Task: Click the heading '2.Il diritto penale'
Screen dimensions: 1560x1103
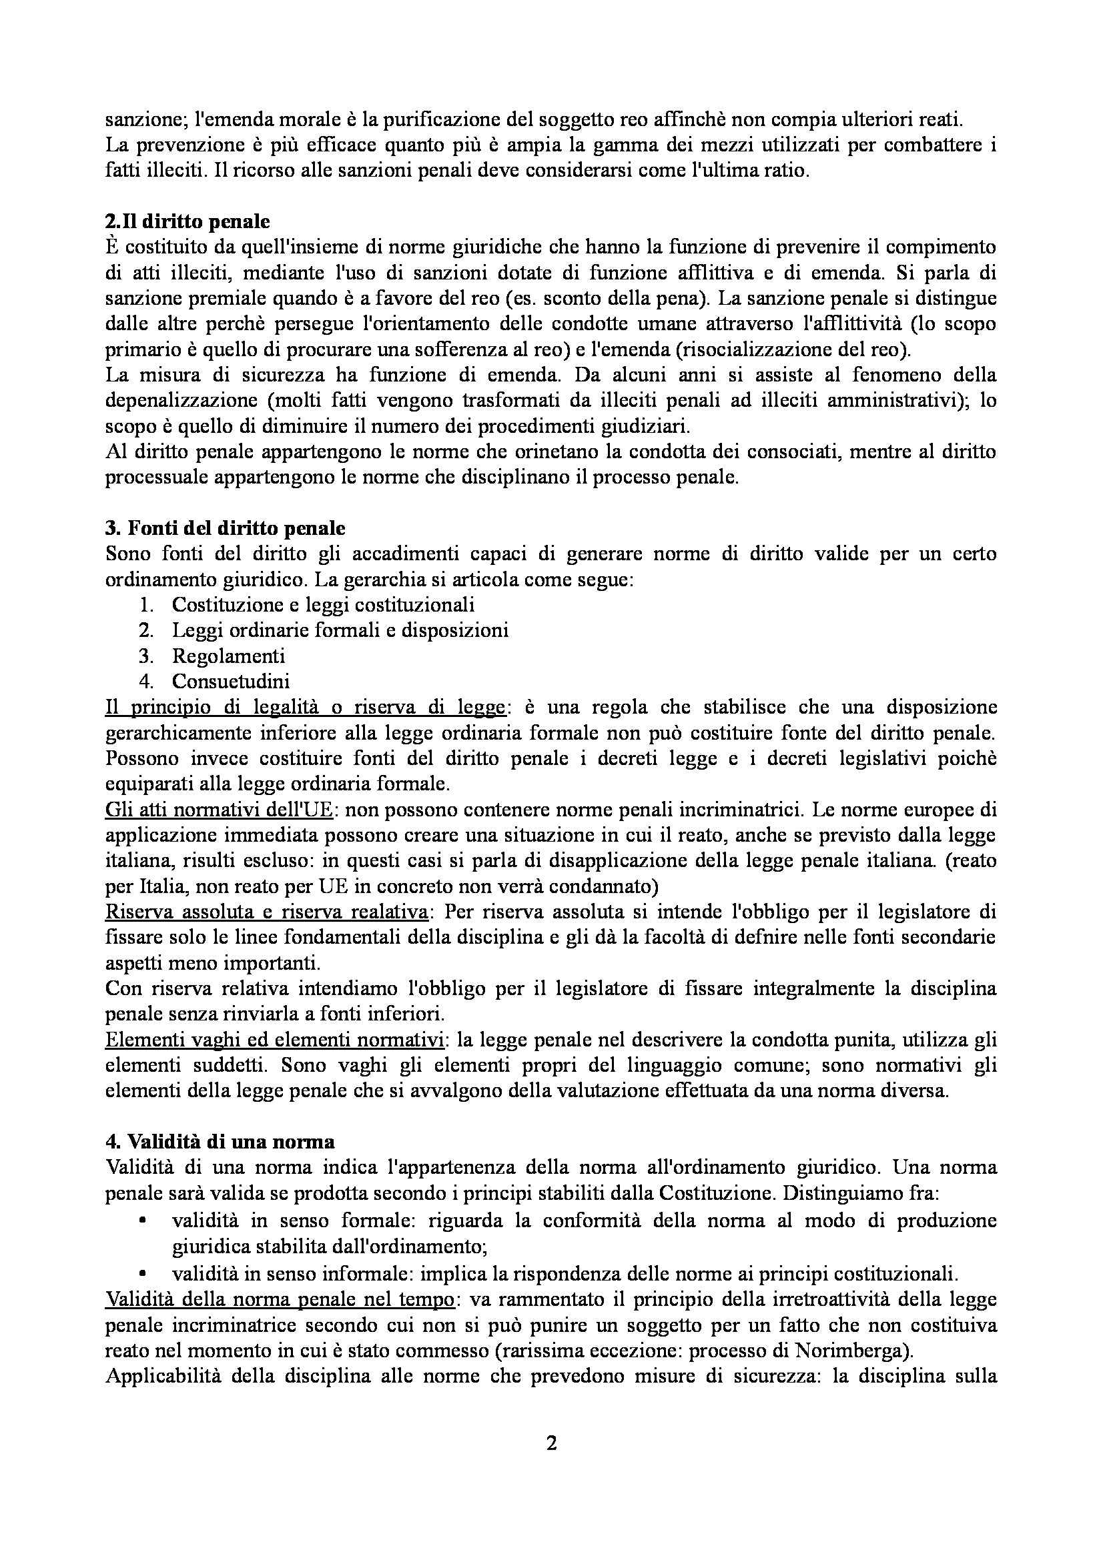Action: [188, 221]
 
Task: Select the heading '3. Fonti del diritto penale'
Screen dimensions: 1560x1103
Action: [225, 528]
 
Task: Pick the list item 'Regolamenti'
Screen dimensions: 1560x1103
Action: [228, 656]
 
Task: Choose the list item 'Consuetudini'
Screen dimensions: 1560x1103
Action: [231, 681]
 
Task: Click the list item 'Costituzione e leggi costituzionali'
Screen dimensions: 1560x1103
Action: [323, 604]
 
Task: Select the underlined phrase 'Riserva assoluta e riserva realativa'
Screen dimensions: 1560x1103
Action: [266, 911]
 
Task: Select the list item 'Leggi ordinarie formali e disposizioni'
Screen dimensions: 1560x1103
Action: [340, 630]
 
